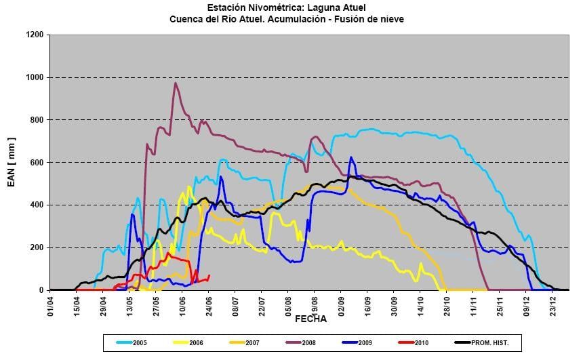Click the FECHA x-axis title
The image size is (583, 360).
click(x=310, y=318)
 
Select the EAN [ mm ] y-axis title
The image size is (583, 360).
click(x=12, y=163)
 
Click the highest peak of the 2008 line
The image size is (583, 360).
click(x=176, y=83)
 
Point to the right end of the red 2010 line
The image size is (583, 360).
click(x=209, y=275)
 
